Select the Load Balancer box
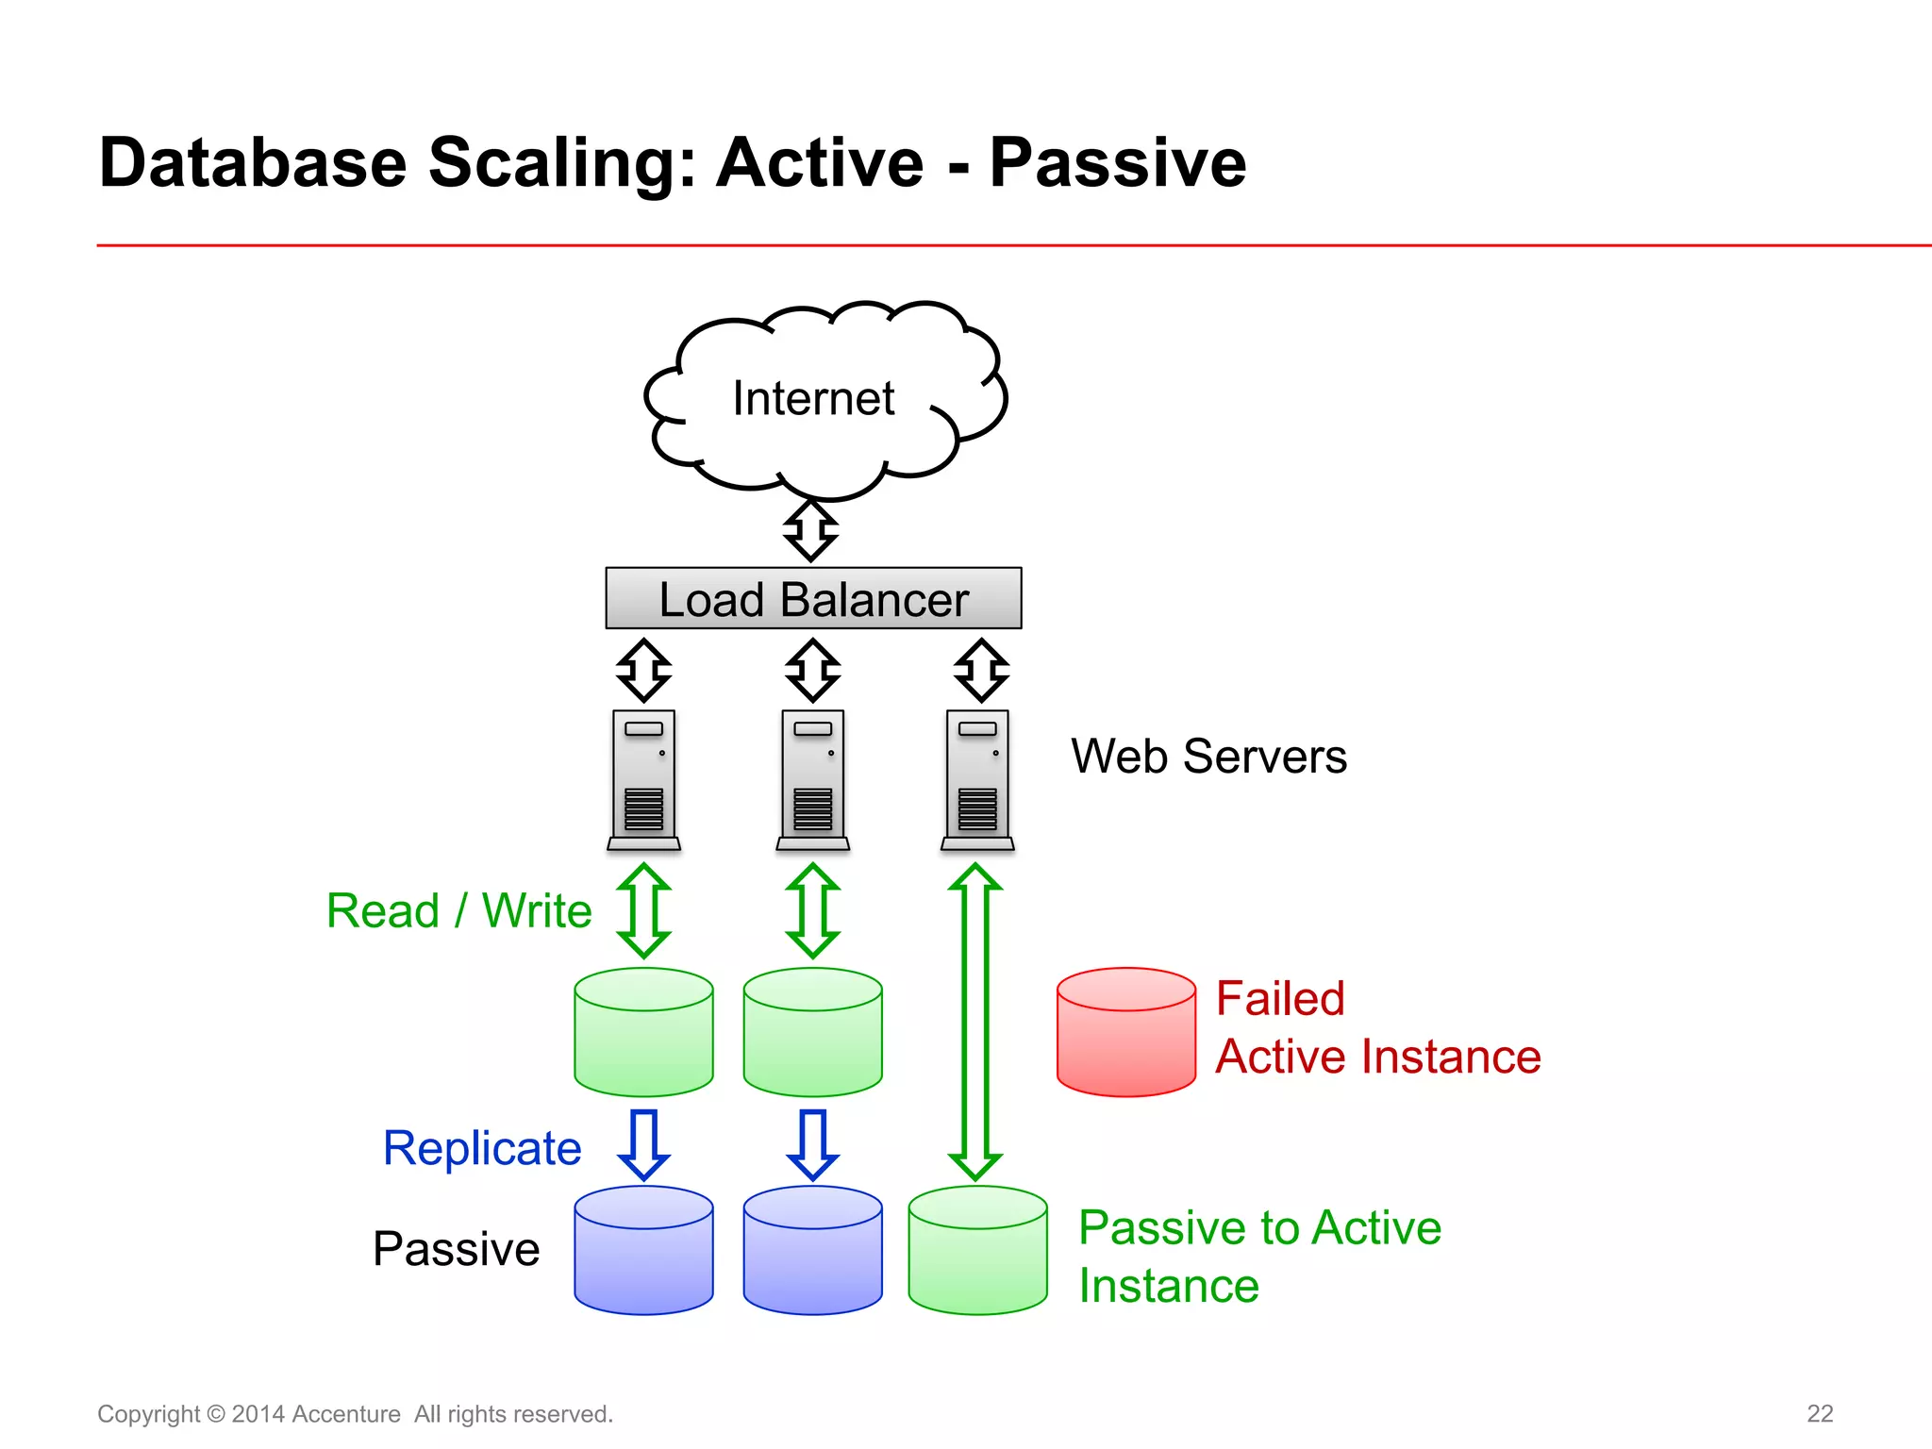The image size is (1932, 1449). [x=813, y=598]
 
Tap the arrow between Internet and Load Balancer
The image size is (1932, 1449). [x=810, y=530]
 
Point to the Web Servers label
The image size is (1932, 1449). [x=1208, y=757]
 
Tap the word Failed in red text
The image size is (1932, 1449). [x=1279, y=999]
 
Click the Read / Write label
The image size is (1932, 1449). [x=458, y=911]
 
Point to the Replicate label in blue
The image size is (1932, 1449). [x=482, y=1148]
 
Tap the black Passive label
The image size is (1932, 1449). [x=456, y=1249]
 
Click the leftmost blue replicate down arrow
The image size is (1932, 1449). [x=643, y=1144]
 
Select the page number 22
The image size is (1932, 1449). [x=1819, y=1413]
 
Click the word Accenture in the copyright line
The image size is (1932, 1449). [x=346, y=1414]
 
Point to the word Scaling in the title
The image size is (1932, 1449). [x=561, y=162]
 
